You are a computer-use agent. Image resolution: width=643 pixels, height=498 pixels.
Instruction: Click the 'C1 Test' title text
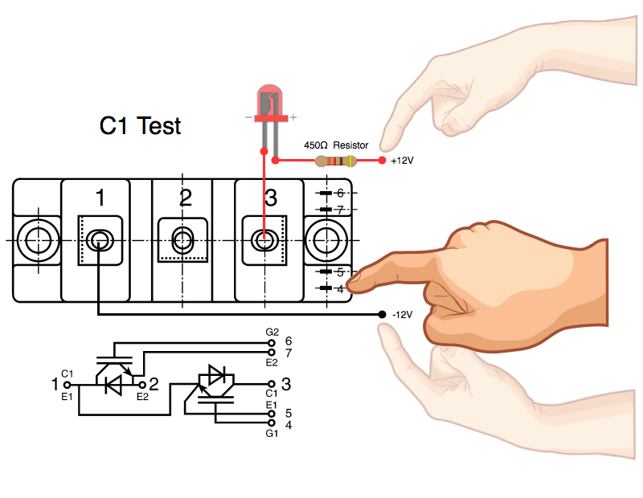[x=140, y=126]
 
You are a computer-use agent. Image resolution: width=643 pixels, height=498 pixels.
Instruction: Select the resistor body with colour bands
[x=336, y=161]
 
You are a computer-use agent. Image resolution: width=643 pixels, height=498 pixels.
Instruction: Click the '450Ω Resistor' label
[x=335, y=145]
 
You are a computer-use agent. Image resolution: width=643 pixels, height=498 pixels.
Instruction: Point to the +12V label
[x=402, y=161]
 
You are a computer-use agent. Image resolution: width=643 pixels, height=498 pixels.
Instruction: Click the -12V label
[x=402, y=314]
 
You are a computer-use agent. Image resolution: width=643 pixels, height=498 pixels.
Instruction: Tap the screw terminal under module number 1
[x=100, y=239]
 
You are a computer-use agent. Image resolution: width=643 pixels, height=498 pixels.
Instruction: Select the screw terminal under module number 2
[x=182, y=239]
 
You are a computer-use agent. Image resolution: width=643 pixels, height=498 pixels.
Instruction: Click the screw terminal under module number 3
[x=264, y=239]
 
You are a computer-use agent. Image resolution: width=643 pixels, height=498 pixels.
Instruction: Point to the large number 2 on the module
[x=186, y=198]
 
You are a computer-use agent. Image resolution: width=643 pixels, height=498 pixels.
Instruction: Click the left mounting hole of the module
[x=36, y=239]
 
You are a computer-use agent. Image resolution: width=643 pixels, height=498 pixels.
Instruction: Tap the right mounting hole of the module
[x=328, y=239]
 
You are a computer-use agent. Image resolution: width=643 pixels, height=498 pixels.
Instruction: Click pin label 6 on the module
[x=340, y=194]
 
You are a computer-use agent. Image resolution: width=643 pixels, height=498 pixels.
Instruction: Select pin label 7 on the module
[x=340, y=210]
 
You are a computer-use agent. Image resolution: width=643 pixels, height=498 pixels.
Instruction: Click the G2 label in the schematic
[x=272, y=332]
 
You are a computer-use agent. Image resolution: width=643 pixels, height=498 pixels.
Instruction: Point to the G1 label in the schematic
[x=272, y=435]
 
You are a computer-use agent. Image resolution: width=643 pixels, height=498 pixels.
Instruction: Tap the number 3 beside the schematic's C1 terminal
[x=286, y=385]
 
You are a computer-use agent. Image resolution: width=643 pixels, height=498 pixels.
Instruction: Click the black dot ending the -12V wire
[x=381, y=314]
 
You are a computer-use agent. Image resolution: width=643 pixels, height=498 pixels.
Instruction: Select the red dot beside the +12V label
[x=381, y=161]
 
